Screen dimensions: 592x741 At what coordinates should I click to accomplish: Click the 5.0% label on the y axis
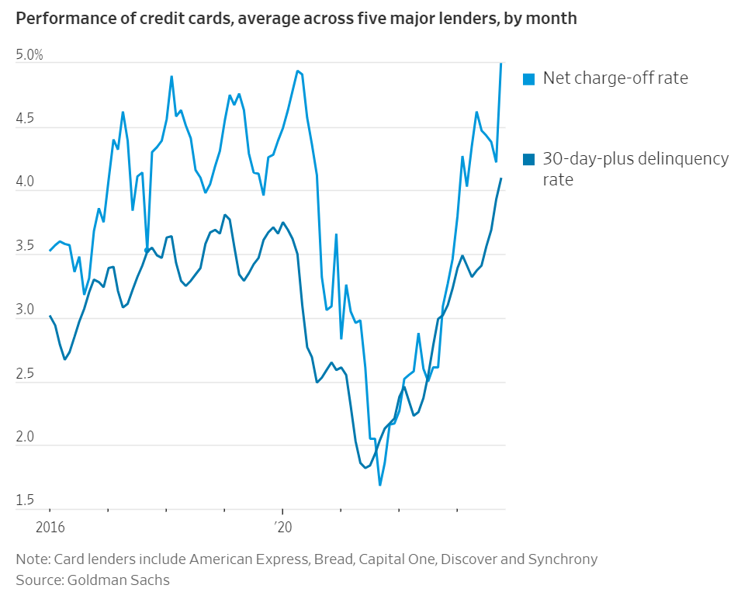[x=29, y=56]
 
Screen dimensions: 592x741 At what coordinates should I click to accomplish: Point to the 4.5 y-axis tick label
[x=26, y=119]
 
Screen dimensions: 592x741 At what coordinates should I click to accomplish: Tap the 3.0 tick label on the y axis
[x=26, y=310]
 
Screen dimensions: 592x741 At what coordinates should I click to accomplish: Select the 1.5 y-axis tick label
[x=26, y=500]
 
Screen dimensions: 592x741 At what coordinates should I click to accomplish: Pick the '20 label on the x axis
[x=282, y=528]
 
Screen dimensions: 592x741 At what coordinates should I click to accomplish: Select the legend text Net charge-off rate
[x=615, y=78]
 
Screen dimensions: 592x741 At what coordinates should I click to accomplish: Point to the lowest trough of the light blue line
[x=379, y=485]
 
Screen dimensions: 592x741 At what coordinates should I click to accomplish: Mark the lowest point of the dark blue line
[x=365, y=468]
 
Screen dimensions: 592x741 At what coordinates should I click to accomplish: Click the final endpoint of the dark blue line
[x=501, y=178]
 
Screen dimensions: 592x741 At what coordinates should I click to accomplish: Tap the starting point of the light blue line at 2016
[x=50, y=251]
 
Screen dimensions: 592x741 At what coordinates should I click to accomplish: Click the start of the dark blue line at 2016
[x=50, y=316]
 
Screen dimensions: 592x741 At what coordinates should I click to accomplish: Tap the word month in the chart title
[x=553, y=18]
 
